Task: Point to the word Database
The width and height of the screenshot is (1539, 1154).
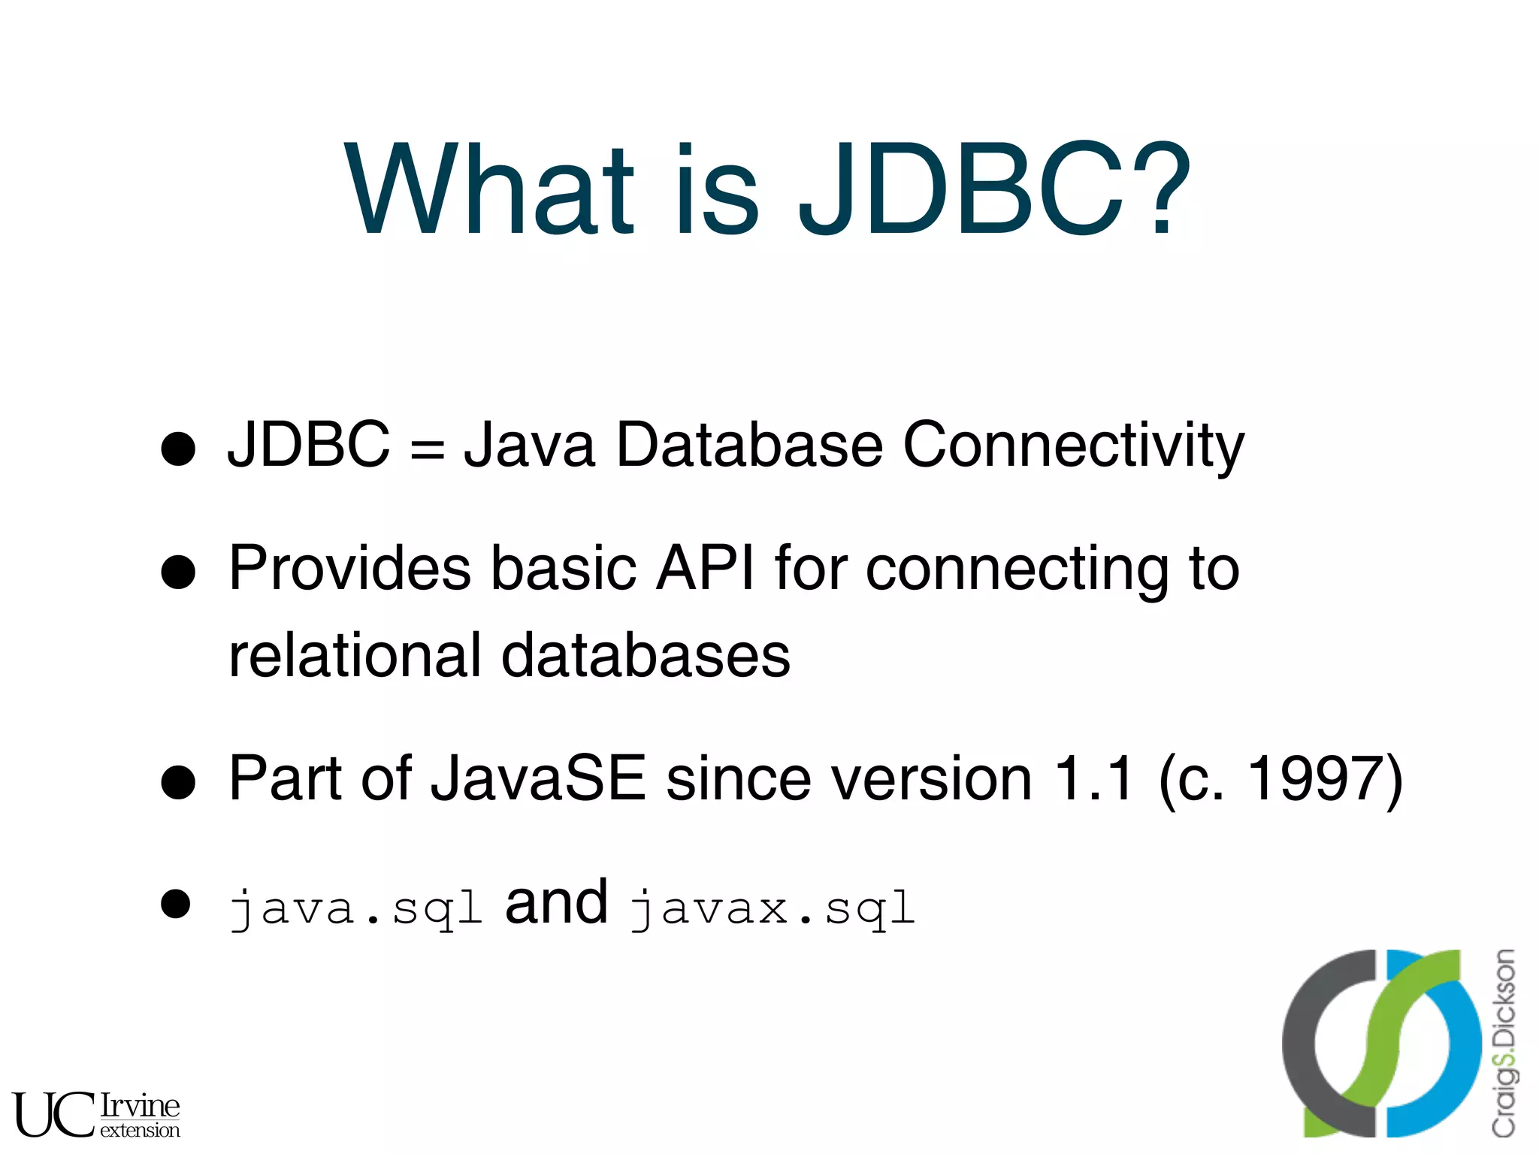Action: [749, 445]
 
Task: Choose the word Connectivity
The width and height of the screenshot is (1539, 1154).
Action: [1073, 445]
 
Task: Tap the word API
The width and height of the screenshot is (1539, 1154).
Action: [705, 569]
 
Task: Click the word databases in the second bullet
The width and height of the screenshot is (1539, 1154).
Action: [646, 655]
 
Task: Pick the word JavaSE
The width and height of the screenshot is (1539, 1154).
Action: [538, 778]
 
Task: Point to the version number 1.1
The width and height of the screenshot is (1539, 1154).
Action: [1093, 778]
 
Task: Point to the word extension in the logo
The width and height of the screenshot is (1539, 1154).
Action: [140, 1130]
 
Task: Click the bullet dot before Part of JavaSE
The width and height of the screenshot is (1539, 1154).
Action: [179, 783]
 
